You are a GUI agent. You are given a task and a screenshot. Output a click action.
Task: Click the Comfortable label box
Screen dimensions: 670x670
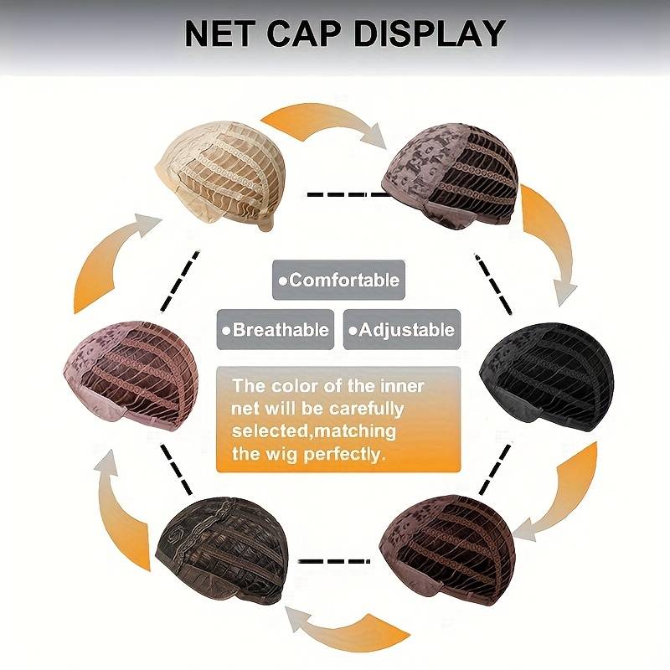338,281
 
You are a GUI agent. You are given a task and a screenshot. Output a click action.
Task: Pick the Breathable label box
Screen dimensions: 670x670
275,329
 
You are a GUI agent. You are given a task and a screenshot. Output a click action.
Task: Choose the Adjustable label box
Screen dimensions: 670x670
400,329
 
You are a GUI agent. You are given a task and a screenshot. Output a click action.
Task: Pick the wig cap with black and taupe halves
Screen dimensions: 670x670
451,178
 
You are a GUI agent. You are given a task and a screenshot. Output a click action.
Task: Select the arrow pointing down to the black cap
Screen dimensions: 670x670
551,243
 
